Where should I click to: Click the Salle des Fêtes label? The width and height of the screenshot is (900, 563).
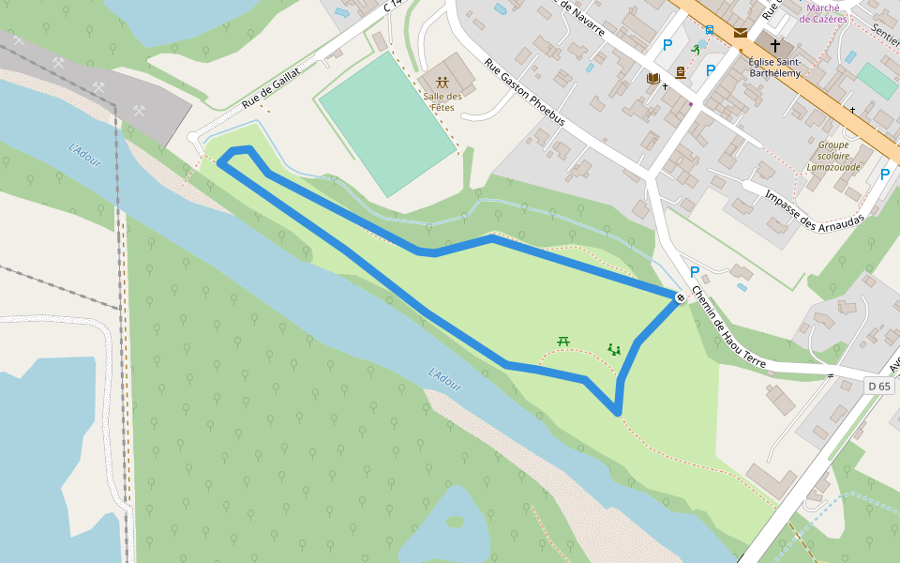442,101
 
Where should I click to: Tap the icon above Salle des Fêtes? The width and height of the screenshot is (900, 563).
442,82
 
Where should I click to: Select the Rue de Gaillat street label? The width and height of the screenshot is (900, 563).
271,86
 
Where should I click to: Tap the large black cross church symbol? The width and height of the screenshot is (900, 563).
774,45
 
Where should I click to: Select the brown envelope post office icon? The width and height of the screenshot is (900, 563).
741,33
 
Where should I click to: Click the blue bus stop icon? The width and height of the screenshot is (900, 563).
710,29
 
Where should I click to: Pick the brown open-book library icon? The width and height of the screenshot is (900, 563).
653,78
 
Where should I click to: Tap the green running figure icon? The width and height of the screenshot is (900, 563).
696,49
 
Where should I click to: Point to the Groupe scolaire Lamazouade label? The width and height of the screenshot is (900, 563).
832,156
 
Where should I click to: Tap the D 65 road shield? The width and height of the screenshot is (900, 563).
878,386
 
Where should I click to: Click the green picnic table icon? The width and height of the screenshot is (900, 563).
563,341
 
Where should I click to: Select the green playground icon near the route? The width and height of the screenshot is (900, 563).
614,349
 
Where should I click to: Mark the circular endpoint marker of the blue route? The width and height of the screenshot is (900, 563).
680,297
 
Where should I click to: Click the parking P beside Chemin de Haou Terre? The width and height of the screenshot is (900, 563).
695,272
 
